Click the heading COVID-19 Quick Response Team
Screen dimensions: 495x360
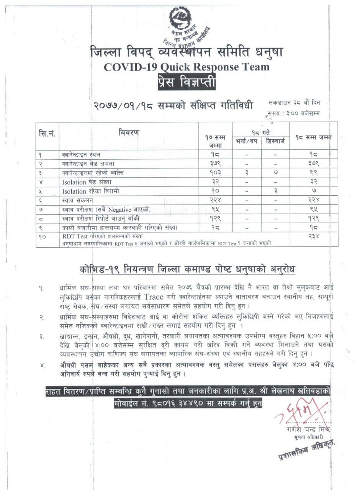pos(186,67)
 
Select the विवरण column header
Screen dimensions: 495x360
pos(129,133)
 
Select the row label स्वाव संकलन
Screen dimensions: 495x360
pos(77,200)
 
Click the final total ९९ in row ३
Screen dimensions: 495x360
pos(314,173)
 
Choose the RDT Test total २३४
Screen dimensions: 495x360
pos(314,237)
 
